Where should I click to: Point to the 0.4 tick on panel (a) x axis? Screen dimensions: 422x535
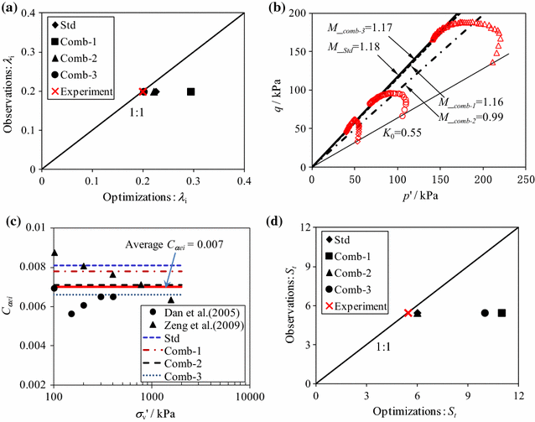244,177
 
